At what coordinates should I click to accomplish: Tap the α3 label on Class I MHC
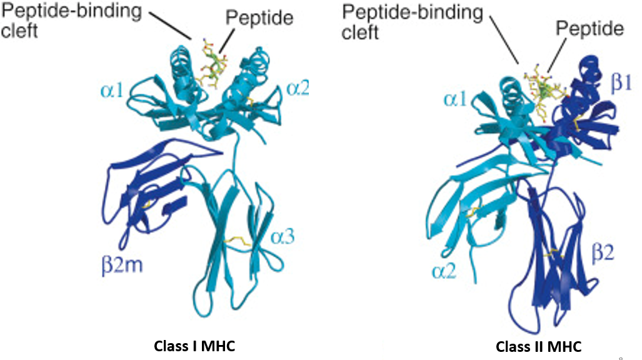tap(281, 237)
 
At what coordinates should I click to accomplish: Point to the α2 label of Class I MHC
tap(299, 88)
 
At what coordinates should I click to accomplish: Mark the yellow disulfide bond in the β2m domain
tap(146, 204)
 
